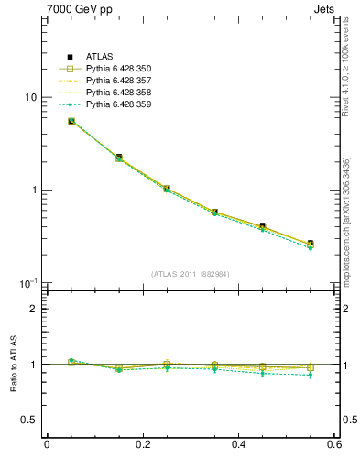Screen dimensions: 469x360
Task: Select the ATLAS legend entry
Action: [99, 57]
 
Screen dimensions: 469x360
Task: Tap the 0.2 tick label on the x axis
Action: [142, 445]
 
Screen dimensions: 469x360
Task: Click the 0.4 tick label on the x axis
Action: [238, 445]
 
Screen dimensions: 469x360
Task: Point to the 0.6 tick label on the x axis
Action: [333, 445]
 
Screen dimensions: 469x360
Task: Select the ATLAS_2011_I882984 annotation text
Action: [191, 274]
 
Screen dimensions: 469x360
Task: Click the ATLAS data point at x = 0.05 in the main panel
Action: [71, 121]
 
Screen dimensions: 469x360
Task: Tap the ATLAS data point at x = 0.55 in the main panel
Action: [311, 244]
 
